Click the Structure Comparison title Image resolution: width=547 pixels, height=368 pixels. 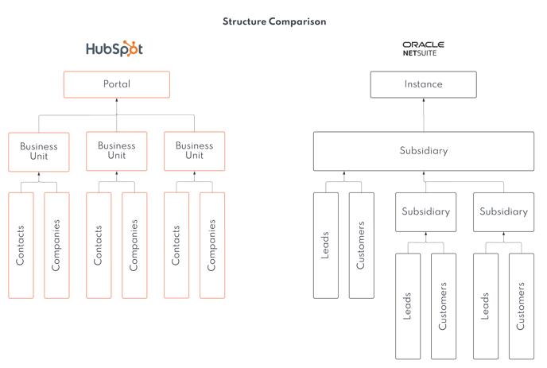pos(274,21)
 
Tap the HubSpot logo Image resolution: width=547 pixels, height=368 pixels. pos(114,49)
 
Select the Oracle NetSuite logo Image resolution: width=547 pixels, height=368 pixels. pos(423,48)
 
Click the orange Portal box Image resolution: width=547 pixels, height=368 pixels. pos(117,84)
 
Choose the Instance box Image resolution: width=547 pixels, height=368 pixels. pos(423,84)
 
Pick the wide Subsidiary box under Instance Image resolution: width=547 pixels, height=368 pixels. pos(423,151)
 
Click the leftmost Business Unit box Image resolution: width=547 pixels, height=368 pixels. pos(39,151)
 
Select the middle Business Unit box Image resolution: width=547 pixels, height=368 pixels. pos(117,151)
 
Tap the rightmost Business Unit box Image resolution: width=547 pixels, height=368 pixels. pos(194,151)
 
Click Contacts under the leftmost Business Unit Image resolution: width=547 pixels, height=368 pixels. pos(21,245)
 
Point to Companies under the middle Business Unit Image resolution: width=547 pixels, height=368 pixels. pos(134,245)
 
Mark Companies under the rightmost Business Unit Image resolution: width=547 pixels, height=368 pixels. pos(212,245)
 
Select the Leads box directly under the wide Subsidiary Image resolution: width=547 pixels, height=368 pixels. pos(326,245)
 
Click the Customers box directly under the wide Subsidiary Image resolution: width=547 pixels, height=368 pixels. pos(362,245)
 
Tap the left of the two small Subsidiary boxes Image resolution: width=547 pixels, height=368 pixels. pos(425,212)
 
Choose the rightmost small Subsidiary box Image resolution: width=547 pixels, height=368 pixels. pos(503,212)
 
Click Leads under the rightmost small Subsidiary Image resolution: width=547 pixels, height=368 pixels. pos(486,306)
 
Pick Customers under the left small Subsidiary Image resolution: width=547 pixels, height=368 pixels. pos(444,306)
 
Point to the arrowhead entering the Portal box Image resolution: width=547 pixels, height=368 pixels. pos(117,102)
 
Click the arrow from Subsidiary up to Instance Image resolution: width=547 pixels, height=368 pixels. pos(423,115)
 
